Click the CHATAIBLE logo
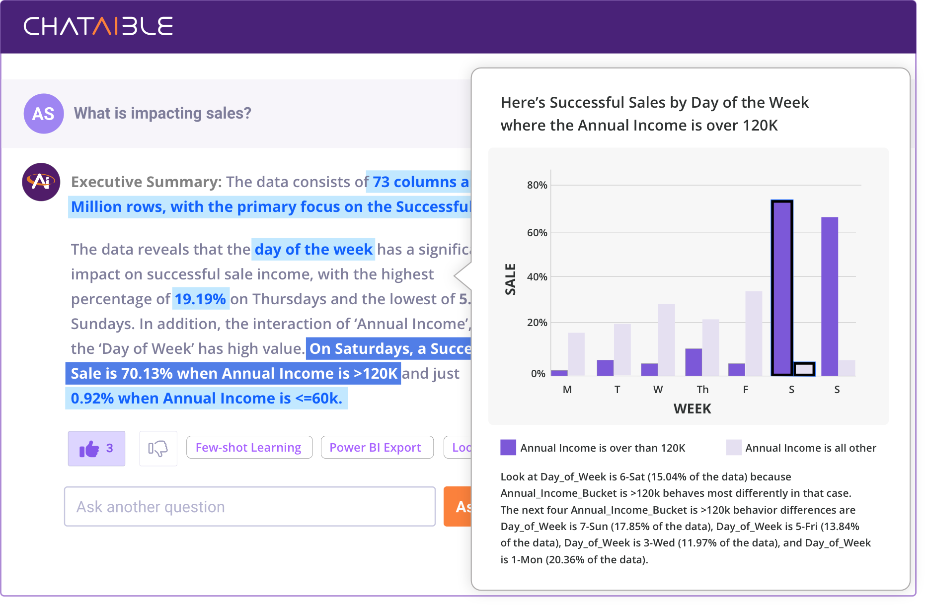(x=98, y=26)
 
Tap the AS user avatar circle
(x=44, y=114)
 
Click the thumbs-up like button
(x=96, y=449)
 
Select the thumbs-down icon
(x=158, y=449)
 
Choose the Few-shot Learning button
(x=249, y=448)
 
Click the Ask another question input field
(x=249, y=507)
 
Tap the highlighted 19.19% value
(x=200, y=299)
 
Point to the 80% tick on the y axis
(x=537, y=185)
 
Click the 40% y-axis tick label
(x=537, y=277)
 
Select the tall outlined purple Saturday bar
(x=782, y=288)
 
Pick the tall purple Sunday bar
(x=830, y=296)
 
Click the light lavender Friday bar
(x=754, y=333)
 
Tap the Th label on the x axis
(x=702, y=390)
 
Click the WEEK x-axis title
(x=692, y=409)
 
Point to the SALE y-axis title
(x=510, y=279)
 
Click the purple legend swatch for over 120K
(x=508, y=448)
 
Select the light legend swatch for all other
(x=734, y=448)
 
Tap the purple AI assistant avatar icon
(x=41, y=182)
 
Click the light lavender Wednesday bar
(x=666, y=339)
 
